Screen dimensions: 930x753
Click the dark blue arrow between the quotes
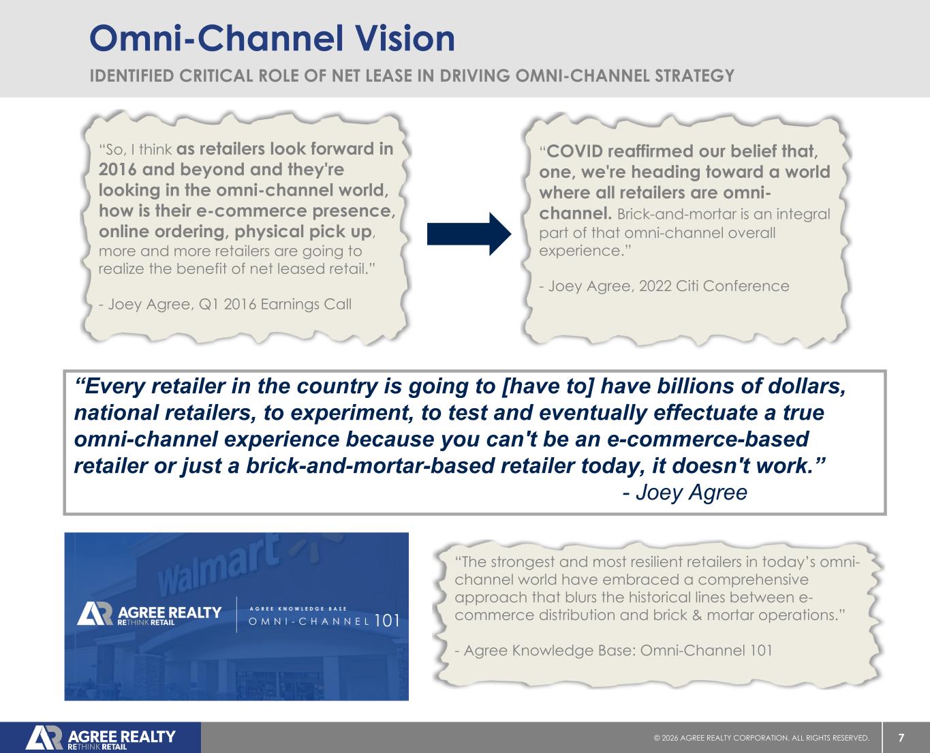(x=469, y=234)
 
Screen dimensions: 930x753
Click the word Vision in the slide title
(x=405, y=38)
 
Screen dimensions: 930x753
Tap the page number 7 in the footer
(x=901, y=738)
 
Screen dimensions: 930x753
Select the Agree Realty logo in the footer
(x=100, y=738)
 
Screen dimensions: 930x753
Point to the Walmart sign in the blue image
(x=218, y=564)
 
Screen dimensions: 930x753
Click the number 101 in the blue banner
(x=387, y=621)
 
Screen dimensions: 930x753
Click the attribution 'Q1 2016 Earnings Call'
(x=275, y=304)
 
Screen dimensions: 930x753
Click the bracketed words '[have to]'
(x=548, y=386)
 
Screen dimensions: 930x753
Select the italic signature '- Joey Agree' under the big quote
(x=685, y=493)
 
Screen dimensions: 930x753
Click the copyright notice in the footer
(x=762, y=738)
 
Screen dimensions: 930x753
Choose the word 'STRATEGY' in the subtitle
(x=694, y=76)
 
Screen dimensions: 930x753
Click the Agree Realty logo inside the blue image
(x=149, y=614)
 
